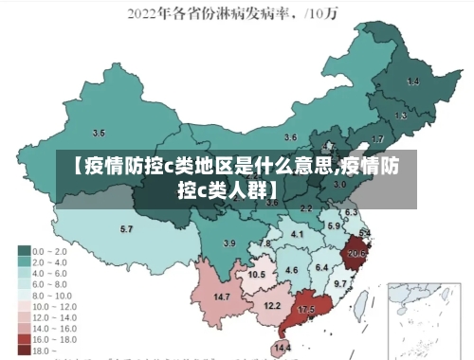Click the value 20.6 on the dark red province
356,253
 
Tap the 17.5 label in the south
306,310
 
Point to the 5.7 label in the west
126,229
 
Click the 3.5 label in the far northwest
99,133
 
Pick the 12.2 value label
272,305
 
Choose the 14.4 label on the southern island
283,349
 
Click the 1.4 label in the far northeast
413,81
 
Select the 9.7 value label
340,283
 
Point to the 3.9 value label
228,243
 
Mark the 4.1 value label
297,234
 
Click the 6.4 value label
321,268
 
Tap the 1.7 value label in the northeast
377,139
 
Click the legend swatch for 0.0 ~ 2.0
24,251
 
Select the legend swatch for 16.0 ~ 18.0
24,338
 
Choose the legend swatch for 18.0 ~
24,350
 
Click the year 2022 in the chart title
147,13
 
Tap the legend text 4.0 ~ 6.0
49,273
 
